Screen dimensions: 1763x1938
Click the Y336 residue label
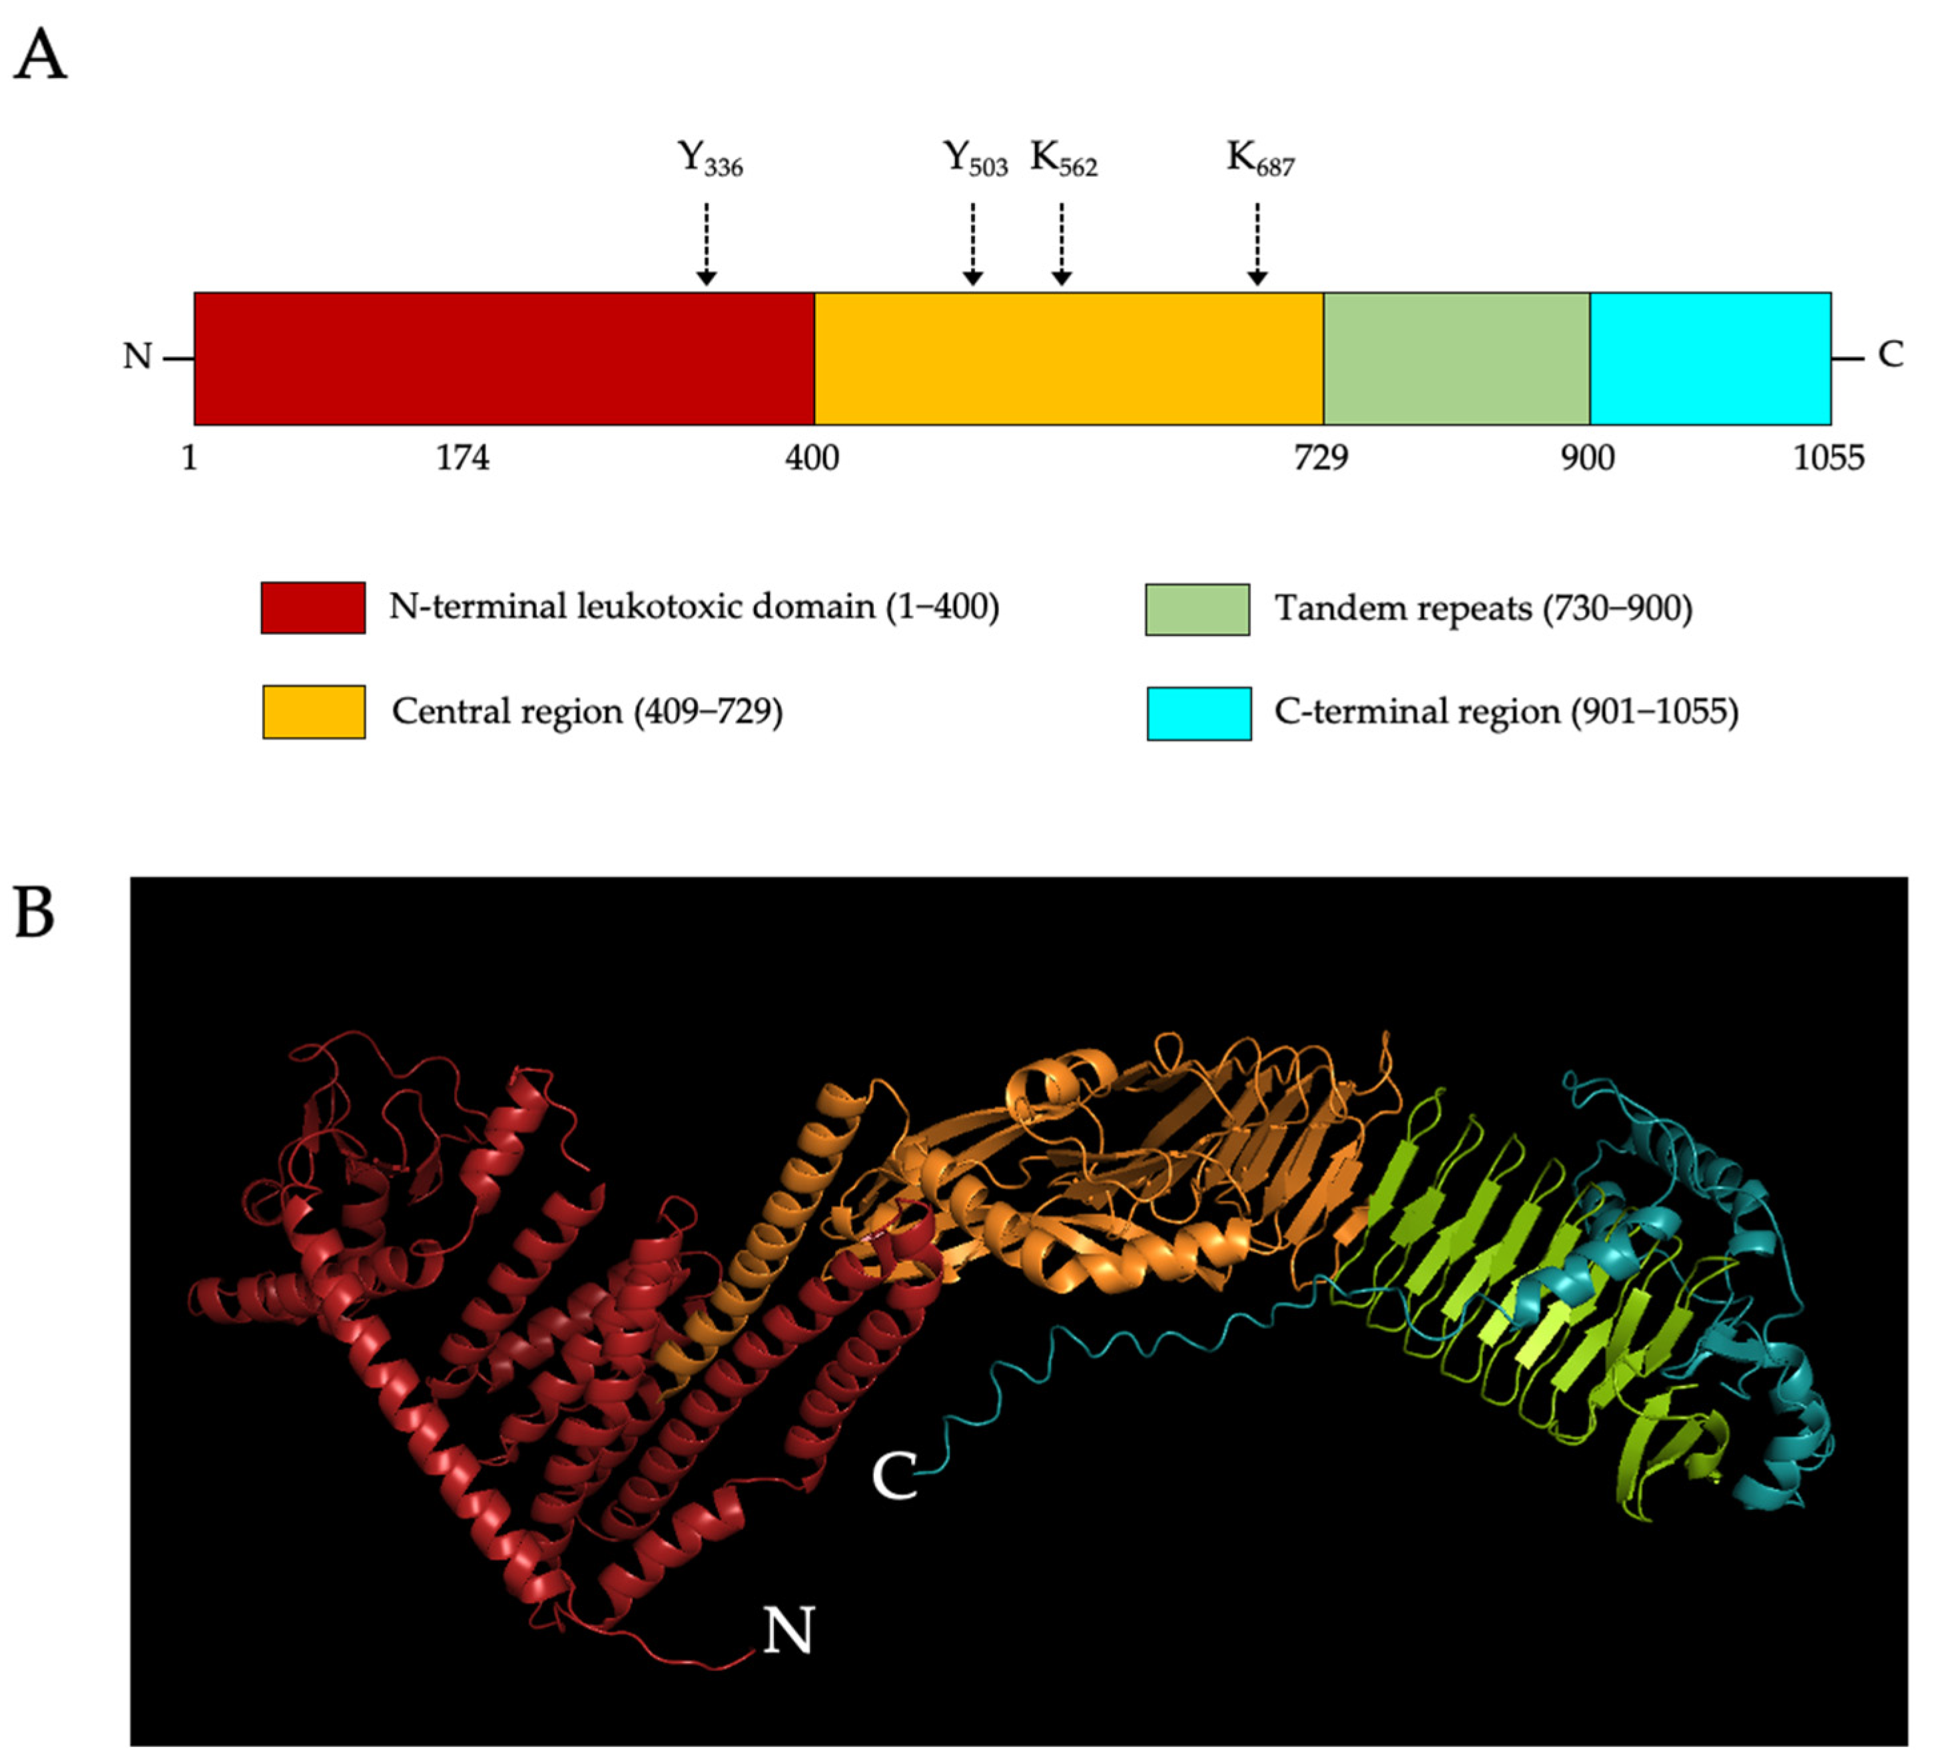(709, 158)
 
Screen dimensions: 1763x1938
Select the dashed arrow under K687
(1257, 244)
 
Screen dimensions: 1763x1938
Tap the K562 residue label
(1063, 158)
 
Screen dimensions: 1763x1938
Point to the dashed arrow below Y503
(973, 244)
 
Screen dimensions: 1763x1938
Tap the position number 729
(1321, 457)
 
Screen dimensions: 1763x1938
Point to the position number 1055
(1827, 457)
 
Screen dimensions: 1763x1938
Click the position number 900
(1587, 457)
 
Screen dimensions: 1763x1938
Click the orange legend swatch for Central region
(314, 711)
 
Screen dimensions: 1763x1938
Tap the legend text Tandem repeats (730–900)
(1482, 609)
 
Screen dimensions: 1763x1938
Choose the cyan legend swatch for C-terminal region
(1199, 713)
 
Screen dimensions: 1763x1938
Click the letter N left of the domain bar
(137, 357)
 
